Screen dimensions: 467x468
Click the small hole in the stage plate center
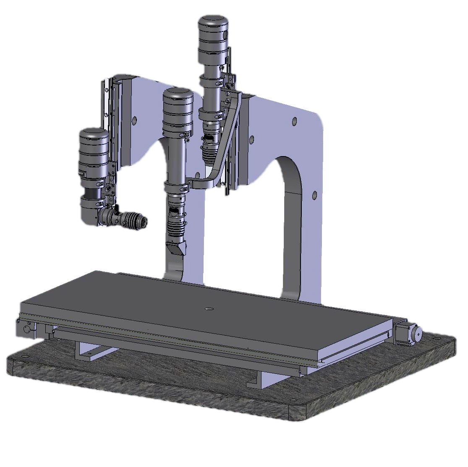click(207, 309)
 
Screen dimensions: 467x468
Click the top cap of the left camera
click(94, 135)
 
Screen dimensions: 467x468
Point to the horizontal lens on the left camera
click(126, 219)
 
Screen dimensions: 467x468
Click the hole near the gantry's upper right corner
click(294, 122)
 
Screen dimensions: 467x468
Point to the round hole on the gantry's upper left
click(134, 121)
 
